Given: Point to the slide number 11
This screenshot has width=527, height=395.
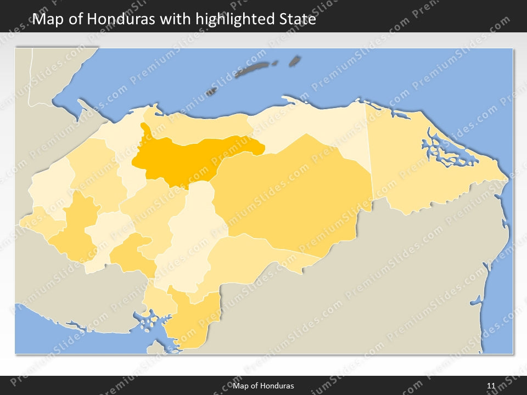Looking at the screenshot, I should point(491,386).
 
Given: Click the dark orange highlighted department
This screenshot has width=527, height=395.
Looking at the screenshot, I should point(187,159).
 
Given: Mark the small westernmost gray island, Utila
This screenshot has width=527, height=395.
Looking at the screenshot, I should point(211,92).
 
